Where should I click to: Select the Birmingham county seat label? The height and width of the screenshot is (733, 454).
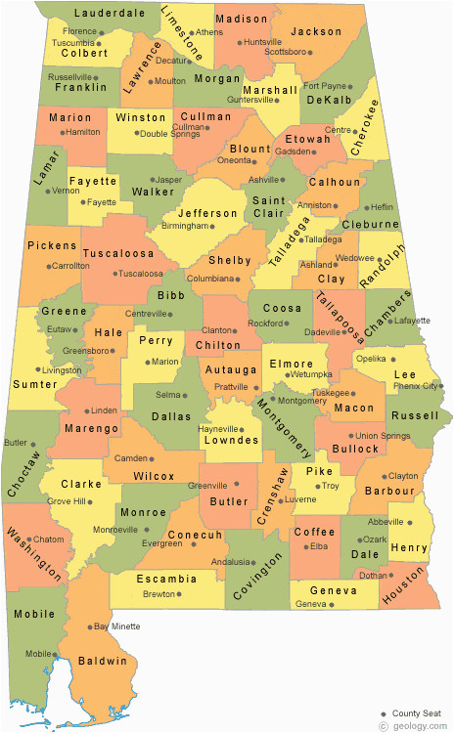click(185, 226)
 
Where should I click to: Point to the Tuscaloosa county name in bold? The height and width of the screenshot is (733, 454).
click(121, 253)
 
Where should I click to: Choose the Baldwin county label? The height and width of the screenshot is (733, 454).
click(105, 662)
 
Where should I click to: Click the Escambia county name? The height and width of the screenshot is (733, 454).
click(166, 579)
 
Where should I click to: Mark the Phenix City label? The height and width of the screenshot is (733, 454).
click(416, 386)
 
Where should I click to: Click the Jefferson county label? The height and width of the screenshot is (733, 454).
click(208, 212)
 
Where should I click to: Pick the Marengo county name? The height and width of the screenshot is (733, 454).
click(92, 428)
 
